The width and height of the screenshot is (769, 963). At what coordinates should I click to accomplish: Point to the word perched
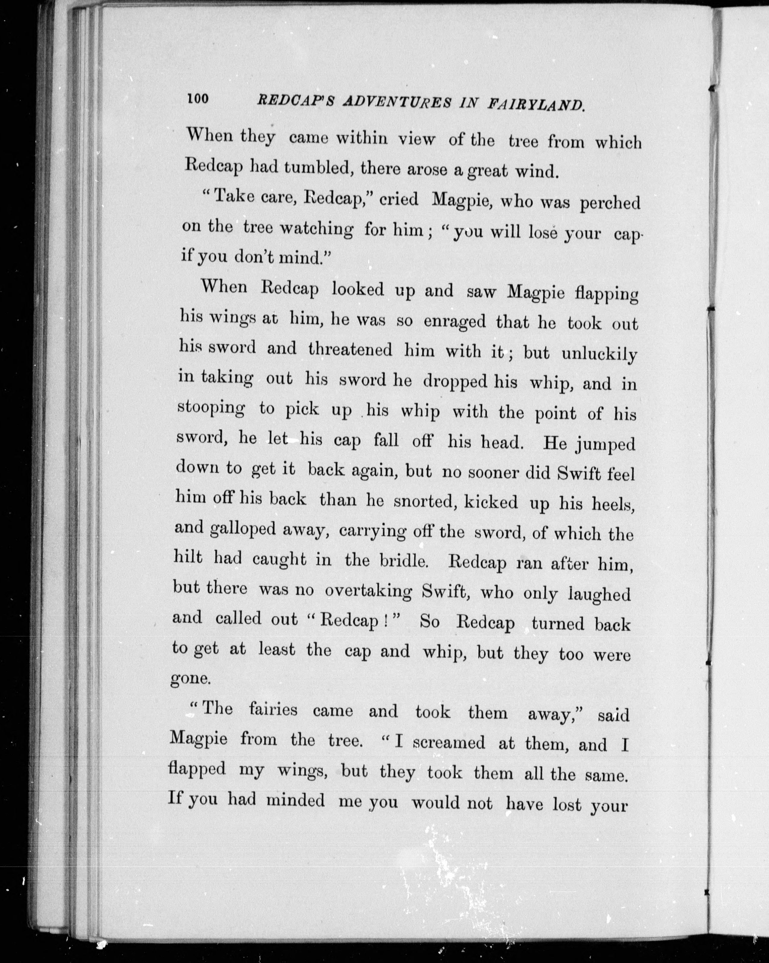coord(610,203)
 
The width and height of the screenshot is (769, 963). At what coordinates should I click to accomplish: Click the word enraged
coord(455,322)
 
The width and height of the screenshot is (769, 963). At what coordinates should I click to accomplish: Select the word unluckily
coord(599,354)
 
